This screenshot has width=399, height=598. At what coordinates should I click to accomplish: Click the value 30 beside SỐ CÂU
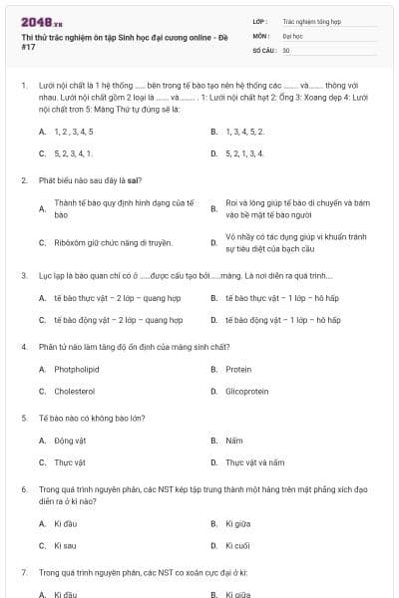coord(286,49)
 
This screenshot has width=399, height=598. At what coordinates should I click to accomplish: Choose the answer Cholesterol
coord(75,392)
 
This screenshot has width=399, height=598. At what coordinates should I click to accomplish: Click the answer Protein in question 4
coord(238,369)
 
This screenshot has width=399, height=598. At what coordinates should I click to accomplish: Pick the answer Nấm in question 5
coord(234,440)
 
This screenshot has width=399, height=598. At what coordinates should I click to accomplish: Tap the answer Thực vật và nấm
coord(254,462)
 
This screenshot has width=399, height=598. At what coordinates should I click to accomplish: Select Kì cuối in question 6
coord(236,545)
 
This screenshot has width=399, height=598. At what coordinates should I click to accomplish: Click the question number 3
coord(24,275)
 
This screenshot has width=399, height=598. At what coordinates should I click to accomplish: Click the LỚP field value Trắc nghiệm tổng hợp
coord(311,20)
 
